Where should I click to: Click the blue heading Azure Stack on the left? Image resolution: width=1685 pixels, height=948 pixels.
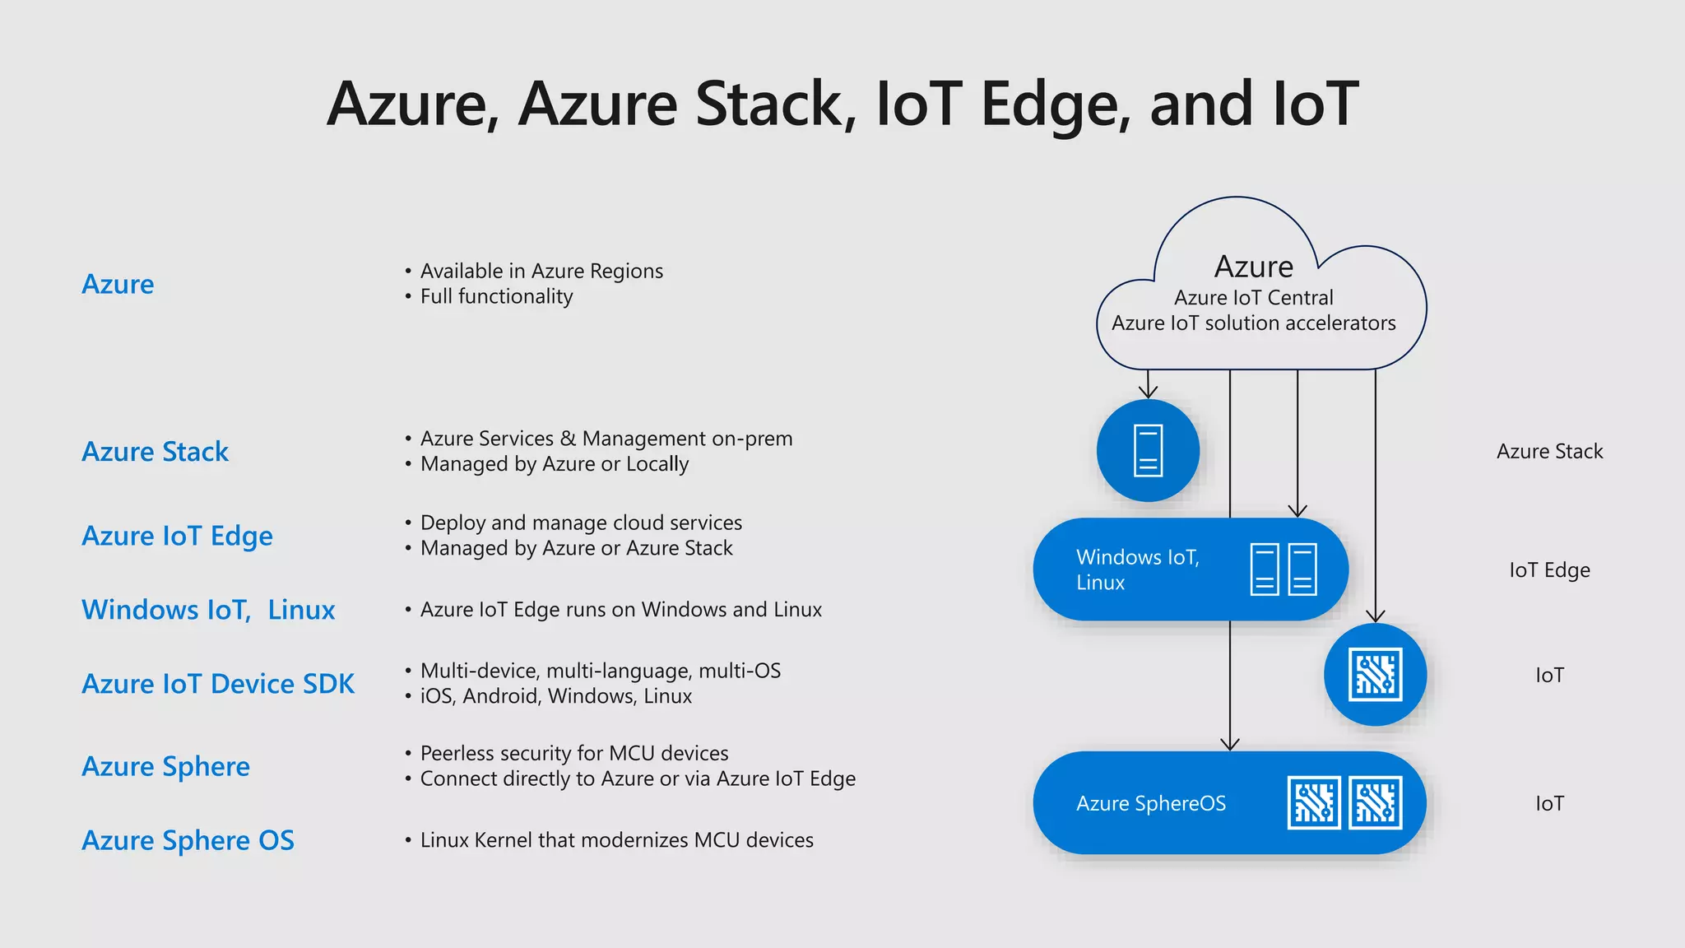(155, 452)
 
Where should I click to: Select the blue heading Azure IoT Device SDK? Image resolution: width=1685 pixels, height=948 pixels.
(218, 684)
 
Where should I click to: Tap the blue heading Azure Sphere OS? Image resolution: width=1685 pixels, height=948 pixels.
(188, 840)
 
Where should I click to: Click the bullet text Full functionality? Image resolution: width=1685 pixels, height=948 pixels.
(496, 296)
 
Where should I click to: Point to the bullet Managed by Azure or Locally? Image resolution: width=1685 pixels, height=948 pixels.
(554, 464)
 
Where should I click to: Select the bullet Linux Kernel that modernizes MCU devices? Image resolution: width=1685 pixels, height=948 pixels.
(616, 840)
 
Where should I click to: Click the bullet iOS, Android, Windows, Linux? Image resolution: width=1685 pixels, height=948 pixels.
(555, 696)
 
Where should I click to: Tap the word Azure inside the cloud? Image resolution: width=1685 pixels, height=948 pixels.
(1253, 267)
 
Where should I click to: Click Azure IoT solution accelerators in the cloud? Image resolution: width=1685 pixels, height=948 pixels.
(1253, 323)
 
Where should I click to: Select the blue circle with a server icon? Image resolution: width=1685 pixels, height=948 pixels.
(1148, 451)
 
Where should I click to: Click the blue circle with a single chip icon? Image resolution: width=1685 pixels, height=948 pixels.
(1375, 675)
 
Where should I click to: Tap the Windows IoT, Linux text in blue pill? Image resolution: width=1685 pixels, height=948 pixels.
(1137, 569)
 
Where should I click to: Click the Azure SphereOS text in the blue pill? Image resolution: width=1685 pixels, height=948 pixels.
(1150, 803)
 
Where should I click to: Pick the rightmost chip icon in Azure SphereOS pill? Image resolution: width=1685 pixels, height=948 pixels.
(1375, 802)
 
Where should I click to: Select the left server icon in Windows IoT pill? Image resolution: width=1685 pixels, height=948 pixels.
(1265, 569)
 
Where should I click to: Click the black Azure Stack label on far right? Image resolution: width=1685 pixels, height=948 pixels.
(1549, 452)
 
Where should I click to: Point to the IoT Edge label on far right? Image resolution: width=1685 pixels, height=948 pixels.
(1549, 570)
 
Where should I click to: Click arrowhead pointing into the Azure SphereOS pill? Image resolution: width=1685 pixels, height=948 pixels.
(1229, 744)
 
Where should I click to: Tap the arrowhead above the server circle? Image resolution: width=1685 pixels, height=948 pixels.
(1148, 392)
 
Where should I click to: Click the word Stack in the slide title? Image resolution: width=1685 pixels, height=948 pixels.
(768, 104)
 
